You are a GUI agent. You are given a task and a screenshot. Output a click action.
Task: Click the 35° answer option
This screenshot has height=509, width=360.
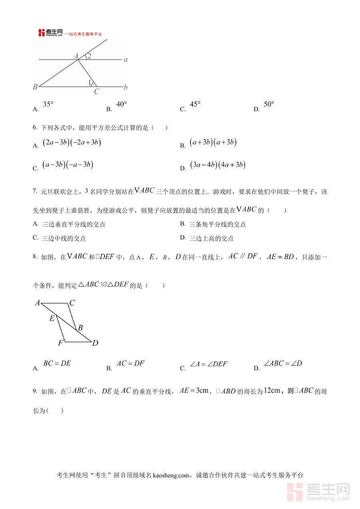(48, 105)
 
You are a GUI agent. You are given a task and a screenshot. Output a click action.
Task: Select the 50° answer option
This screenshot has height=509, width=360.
(269, 105)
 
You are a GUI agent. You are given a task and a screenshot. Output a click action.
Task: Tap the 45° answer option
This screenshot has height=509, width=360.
(195, 105)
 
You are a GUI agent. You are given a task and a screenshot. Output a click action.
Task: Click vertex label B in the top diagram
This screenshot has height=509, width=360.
(35, 87)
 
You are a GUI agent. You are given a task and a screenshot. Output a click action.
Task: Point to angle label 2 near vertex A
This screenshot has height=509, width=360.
(89, 56)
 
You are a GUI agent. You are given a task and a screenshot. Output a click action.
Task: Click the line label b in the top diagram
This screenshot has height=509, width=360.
(126, 87)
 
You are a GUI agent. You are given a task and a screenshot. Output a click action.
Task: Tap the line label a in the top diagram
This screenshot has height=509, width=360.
(126, 60)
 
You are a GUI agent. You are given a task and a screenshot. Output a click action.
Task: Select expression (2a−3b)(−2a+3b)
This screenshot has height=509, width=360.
(72, 143)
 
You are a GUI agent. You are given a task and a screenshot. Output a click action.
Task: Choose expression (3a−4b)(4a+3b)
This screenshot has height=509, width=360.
(218, 165)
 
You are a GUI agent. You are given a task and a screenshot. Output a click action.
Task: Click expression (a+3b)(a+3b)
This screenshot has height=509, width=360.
(213, 143)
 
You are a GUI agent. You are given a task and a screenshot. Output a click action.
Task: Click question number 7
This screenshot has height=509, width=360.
(35, 192)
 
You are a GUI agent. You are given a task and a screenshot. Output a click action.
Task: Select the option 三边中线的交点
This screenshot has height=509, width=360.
(64, 238)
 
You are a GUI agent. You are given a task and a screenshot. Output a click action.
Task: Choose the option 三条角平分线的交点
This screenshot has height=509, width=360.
(218, 224)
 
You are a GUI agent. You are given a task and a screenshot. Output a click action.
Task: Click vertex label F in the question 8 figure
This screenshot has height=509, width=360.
(60, 343)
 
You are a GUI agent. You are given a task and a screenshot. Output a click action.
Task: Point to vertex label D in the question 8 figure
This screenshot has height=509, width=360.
(95, 343)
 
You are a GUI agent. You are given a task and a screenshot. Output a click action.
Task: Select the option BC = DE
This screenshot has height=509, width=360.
(57, 364)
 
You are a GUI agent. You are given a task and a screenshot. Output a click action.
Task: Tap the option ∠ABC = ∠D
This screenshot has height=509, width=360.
(283, 364)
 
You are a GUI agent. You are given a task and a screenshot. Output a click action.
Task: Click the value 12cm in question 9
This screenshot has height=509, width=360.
(272, 391)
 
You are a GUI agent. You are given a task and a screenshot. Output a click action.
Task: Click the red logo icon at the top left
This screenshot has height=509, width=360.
(42, 33)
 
